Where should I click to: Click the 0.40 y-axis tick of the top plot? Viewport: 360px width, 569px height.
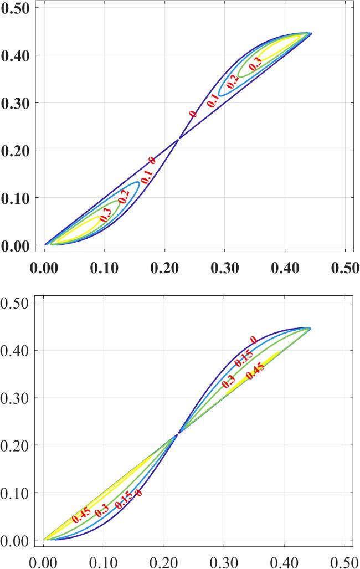[17, 55]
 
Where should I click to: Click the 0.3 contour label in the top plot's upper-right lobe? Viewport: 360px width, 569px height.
[255, 65]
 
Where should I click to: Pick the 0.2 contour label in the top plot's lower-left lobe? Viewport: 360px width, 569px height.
[123, 196]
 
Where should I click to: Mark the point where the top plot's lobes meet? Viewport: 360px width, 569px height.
[178, 139]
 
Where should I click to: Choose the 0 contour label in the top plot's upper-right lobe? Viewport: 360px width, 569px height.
[193, 114]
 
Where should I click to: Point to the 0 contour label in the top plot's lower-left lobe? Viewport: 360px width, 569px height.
[152, 161]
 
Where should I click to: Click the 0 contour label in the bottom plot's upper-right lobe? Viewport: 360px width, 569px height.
[253, 340]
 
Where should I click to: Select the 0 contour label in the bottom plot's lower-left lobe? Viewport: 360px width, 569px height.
[138, 493]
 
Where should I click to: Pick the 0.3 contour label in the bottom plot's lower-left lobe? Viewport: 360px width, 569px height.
[101, 512]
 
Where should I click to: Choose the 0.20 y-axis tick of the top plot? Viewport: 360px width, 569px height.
[17, 150]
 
